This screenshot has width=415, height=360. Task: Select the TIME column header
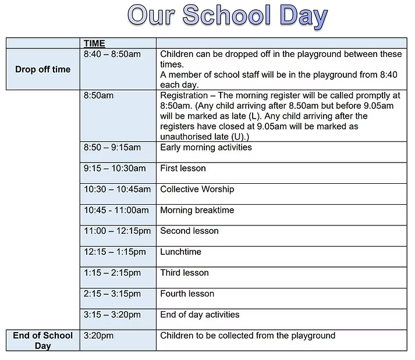pyautogui.click(x=94, y=43)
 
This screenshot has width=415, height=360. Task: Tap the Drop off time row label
pyautogui.click(x=42, y=69)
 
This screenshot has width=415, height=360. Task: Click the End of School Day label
pyautogui.click(x=42, y=340)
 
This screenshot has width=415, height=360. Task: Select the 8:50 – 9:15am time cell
pyautogui.click(x=112, y=147)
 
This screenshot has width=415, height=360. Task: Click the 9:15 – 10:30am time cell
pyautogui.click(x=114, y=168)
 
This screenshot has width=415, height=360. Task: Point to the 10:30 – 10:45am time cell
pyautogui.click(x=117, y=189)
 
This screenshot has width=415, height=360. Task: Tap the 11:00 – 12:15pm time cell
pyautogui.click(x=117, y=231)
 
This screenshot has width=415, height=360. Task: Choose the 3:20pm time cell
pyautogui.click(x=98, y=336)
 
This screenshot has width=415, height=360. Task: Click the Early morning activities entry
pyautogui.click(x=206, y=147)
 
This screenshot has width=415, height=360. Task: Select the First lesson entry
pyautogui.click(x=183, y=168)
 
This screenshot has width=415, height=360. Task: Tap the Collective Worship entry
pyautogui.click(x=197, y=189)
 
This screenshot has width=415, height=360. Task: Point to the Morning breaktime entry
pyautogui.click(x=197, y=210)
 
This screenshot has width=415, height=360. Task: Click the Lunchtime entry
pyautogui.click(x=180, y=252)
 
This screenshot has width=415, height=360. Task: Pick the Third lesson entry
pyautogui.click(x=184, y=273)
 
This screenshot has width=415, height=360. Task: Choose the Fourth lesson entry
pyautogui.click(x=187, y=294)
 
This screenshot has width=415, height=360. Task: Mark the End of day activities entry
pyautogui.click(x=200, y=315)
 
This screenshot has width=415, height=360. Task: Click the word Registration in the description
pyautogui.click(x=184, y=95)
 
